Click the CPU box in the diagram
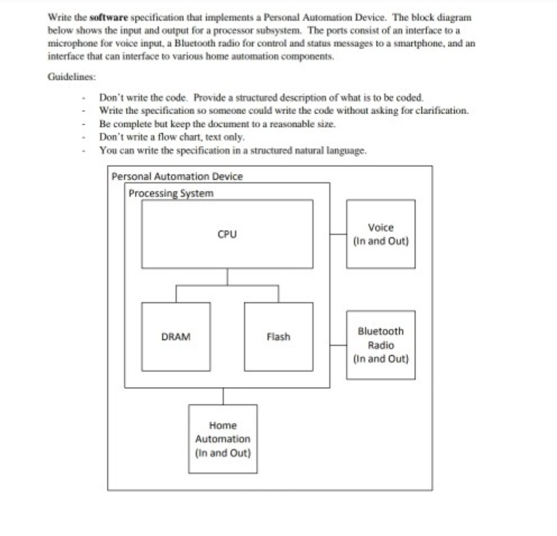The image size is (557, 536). pos(227,234)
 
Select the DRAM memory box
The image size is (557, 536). pos(176,337)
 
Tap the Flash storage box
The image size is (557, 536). pos(278,337)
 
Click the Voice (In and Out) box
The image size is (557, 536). pos(381,234)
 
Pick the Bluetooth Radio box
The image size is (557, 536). pos(381,344)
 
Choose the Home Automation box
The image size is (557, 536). pos(223,439)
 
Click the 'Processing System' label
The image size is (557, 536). pos(171,193)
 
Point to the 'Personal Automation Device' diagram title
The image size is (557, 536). pos(177,176)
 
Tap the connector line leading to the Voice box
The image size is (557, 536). pos(338,234)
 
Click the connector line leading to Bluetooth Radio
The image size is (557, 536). pos(338,345)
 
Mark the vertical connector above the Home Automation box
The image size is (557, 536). pos(223,396)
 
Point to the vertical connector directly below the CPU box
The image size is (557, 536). pos(227,276)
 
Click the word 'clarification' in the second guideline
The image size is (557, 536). pos(439,110)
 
